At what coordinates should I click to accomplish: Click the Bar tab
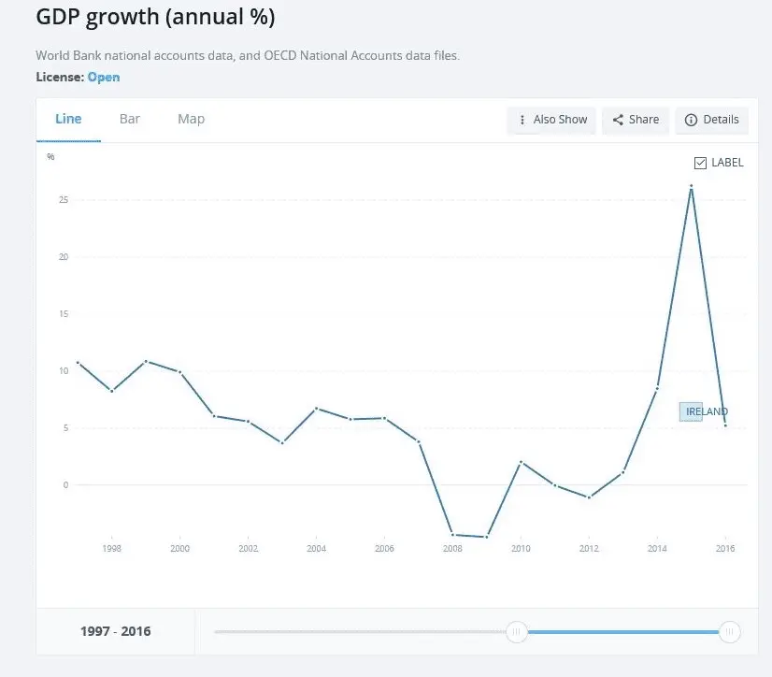(130, 119)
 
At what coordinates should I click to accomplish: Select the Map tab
(191, 119)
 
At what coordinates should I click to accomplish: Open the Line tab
(68, 119)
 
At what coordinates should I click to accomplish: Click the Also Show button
(551, 120)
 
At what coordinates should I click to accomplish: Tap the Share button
(636, 120)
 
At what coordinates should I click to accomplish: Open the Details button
(712, 120)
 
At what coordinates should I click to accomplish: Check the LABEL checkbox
(701, 163)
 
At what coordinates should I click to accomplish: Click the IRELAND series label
(706, 411)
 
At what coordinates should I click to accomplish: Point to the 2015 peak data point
(691, 186)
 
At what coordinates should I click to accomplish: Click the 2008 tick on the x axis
(452, 548)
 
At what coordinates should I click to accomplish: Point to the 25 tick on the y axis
(63, 200)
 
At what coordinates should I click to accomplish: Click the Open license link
(104, 78)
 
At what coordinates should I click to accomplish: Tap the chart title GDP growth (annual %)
(155, 18)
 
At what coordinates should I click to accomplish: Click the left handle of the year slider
(516, 632)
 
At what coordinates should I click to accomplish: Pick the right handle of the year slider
(730, 632)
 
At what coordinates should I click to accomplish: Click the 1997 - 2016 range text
(116, 631)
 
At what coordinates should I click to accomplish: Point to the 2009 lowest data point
(487, 537)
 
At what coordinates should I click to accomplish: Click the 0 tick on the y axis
(65, 484)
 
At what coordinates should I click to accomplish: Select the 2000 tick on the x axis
(179, 548)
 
